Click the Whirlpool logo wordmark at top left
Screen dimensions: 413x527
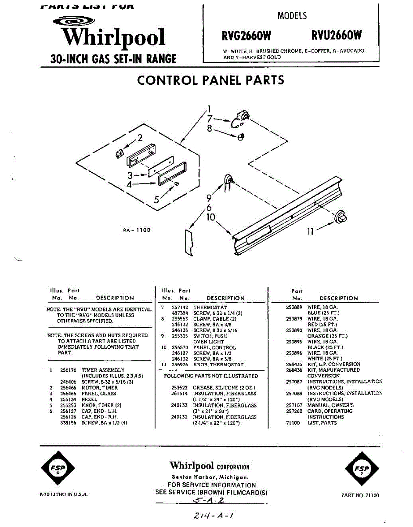pyautogui.click(x=113, y=37)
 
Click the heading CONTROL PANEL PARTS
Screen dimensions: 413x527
pyautogui.click(x=210, y=80)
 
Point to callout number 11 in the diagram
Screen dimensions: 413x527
pyautogui.click(x=310, y=231)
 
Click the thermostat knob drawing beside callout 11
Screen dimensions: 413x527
pyautogui.click(x=341, y=217)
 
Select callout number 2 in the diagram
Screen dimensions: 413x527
pyautogui.click(x=140, y=138)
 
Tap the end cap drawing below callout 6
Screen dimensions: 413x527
pyautogui.click(x=188, y=242)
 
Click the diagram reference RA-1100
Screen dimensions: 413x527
pyautogui.click(x=137, y=230)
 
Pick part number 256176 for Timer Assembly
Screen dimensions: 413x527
pyautogui.click(x=68, y=370)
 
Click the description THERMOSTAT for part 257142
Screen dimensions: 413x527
pyautogui.click(x=210, y=307)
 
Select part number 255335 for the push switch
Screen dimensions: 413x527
pyautogui.click(x=179, y=336)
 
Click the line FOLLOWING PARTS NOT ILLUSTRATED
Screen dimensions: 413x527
pyautogui.click(x=211, y=376)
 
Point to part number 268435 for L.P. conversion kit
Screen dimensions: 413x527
pyautogui.click(x=294, y=364)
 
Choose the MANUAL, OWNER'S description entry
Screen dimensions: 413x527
pyautogui.click(x=331, y=405)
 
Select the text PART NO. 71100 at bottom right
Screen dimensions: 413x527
pyautogui.click(x=360, y=495)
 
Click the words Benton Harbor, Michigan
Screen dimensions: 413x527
pyautogui.click(x=210, y=477)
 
